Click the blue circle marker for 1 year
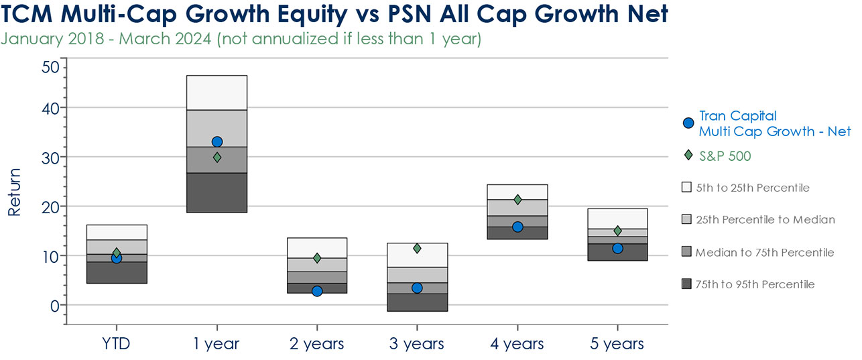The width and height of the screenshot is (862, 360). click(x=217, y=142)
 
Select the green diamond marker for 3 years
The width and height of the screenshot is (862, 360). click(x=417, y=249)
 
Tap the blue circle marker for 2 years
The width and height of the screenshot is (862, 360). click(x=317, y=291)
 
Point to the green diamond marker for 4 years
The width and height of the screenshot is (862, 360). click(x=517, y=200)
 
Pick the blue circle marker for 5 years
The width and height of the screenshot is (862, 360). click(x=618, y=249)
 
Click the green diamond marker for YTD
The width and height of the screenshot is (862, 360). click(x=117, y=253)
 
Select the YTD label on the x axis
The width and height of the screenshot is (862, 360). click(x=117, y=345)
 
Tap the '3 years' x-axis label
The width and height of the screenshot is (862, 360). click(x=417, y=345)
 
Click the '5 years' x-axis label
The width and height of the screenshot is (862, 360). click(x=617, y=345)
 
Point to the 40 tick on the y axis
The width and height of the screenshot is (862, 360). click(x=50, y=108)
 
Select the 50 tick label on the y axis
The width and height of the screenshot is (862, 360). click(x=50, y=67)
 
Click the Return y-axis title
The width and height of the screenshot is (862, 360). click(x=15, y=192)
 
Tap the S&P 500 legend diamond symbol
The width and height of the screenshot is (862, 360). click(x=687, y=156)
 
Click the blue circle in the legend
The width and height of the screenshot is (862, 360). click(x=687, y=123)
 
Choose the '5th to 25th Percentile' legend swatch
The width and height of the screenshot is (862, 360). click(x=686, y=188)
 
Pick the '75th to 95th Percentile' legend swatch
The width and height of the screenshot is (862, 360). click(x=686, y=284)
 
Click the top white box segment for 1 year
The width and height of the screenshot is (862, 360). click(x=217, y=93)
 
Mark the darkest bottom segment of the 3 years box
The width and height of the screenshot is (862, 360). click(x=417, y=302)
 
